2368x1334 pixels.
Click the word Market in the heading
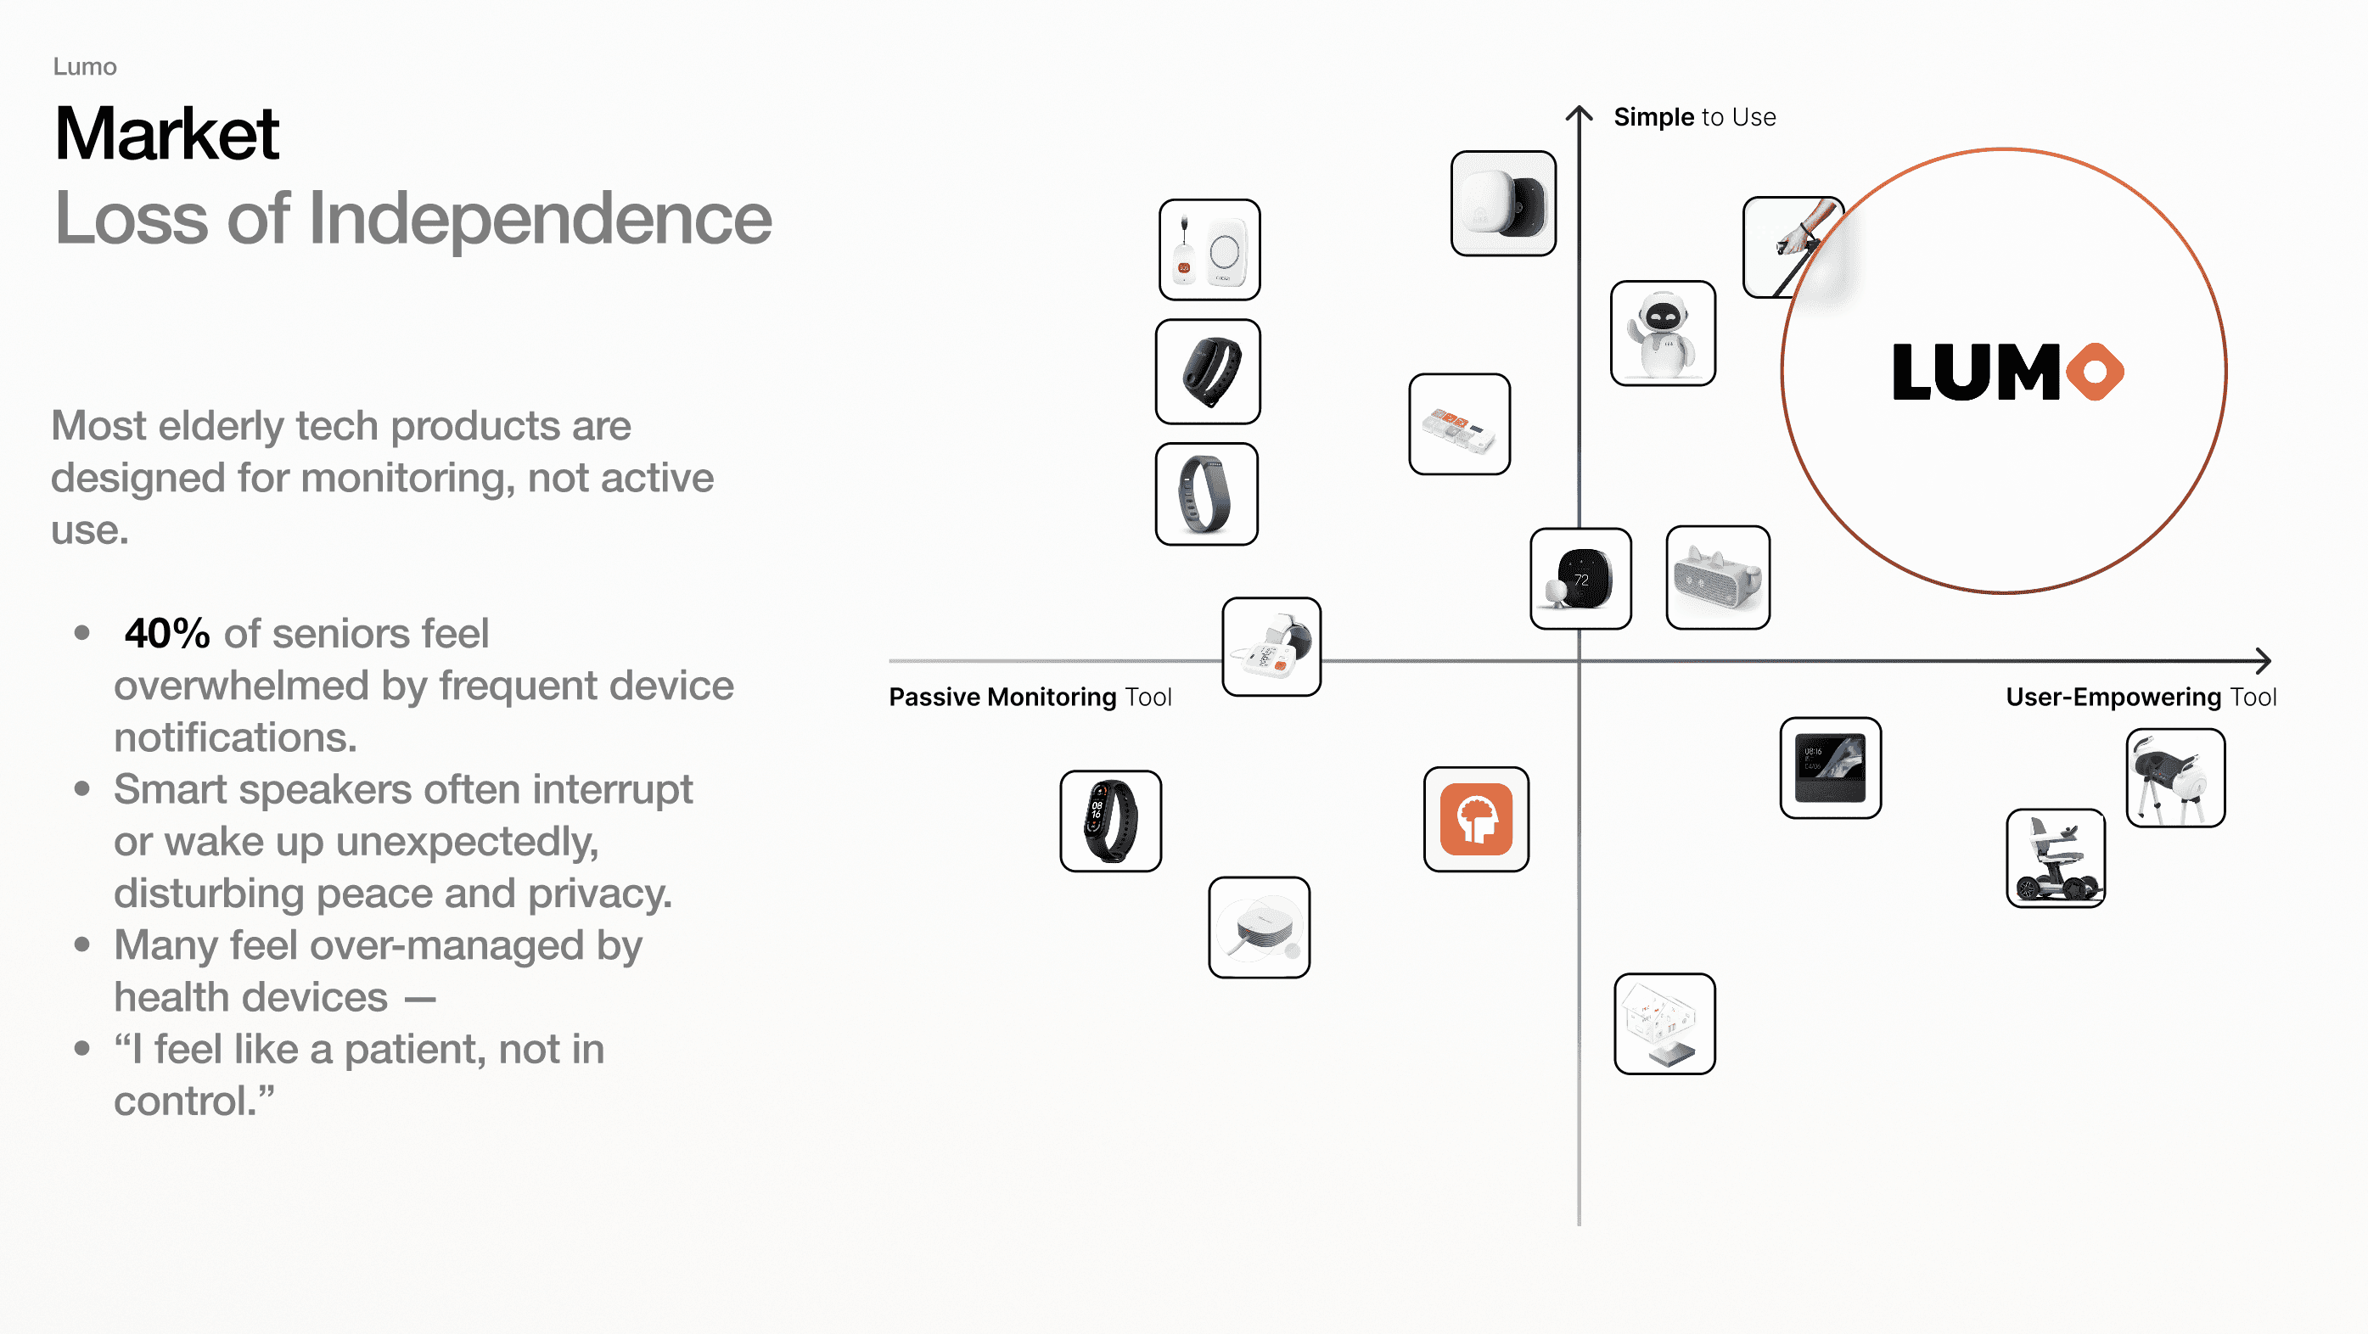(166, 134)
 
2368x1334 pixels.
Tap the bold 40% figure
(167, 633)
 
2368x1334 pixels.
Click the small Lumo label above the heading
(85, 67)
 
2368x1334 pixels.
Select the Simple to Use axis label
(1694, 118)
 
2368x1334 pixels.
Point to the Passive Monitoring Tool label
(1030, 697)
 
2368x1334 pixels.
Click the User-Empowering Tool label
(2140, 697)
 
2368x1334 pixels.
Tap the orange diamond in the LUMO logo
(2095, 373)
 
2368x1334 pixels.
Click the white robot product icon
(1662, 333)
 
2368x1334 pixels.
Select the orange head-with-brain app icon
(1475, 819)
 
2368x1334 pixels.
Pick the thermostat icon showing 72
(1580, 578)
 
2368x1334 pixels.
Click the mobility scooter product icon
(2056, 859)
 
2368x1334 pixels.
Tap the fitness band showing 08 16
(1109, 821)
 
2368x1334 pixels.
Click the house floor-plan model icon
(1664, 1024)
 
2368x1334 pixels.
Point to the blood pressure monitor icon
(1271, 647)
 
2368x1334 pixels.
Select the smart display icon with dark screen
(1829, 769)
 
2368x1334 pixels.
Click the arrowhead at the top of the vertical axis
(1580, 111)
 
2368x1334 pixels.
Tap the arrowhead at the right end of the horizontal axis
(2266, 660)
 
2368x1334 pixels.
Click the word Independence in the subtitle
(540, 219)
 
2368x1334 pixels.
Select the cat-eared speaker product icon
(1717, 578)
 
